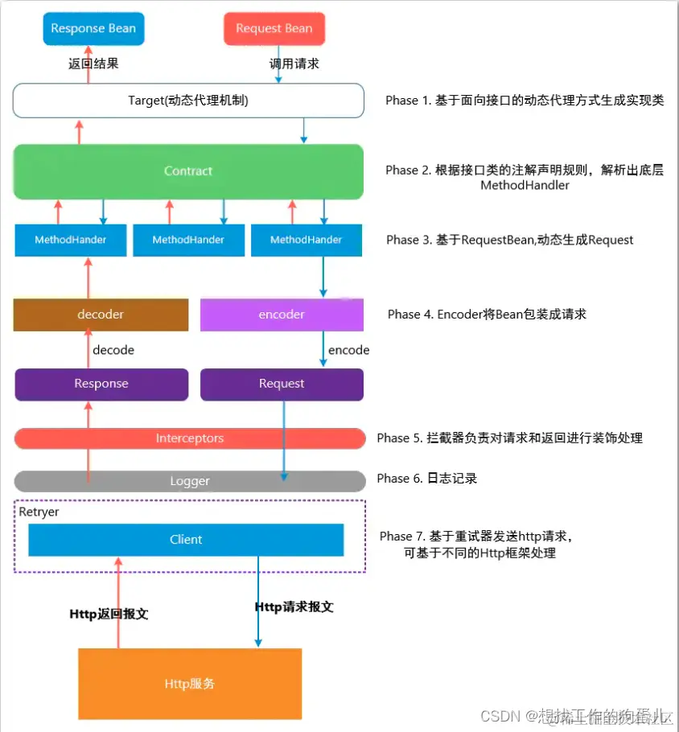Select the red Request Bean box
(x=274, y=28)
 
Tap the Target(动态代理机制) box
(x=188, y=101)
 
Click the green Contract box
(x=188, y=171)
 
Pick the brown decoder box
(x=101, y=315)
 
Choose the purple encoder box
(x=282, y=315)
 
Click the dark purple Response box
(x=101, y=384)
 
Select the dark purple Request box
(x=282, y=384)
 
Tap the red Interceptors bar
(x=190, y=438)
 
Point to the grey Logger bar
(x=190, y=481)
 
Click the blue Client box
(x=186, y=540)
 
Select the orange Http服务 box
(x=190, y=684)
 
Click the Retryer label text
(x=39, y=512)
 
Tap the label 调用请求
(x=294, y=63)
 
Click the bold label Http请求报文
(x=294, y=607)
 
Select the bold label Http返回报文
(x=109, y=614)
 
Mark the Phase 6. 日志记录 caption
(x=426, y=479)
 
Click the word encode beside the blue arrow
(x=348, y=350)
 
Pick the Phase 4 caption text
(x=487, y=315)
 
